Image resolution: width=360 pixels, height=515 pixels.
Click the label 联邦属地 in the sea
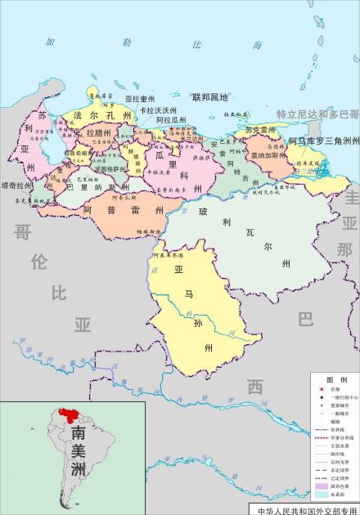click(x=209, y=97)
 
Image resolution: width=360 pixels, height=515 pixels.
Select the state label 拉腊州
click(x=99, y=132)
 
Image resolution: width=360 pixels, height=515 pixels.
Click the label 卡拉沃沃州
click(x=158, y=110)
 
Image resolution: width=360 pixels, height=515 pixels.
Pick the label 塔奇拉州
click(x=18, y=186)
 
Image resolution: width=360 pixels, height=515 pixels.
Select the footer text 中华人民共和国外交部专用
click(x=308, y=509)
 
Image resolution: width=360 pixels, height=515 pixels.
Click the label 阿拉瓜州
click(x=168, y=119)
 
